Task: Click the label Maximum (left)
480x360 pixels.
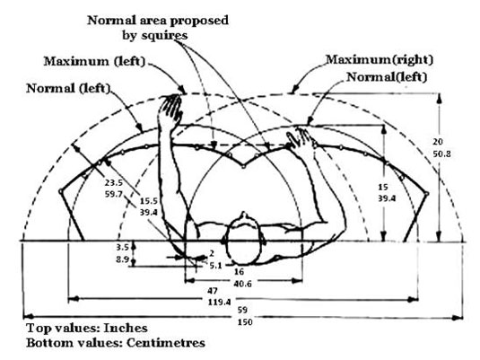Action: click(94, 61)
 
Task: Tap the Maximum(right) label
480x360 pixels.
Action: click(380, 59)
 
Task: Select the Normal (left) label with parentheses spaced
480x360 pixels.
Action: click(68, 88)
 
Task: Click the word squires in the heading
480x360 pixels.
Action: click(164, 36)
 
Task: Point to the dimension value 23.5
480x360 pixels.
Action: click(114, 183)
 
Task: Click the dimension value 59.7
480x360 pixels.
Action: click(114, 194)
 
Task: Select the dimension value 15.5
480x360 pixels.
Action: click(149, 201)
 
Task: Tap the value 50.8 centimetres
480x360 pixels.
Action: click(441, 154)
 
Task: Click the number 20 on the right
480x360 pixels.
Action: click(438, 142)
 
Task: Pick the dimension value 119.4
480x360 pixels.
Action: click(220, 302)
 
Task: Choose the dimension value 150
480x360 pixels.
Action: click(245, 322)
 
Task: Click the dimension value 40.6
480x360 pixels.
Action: click(242, 284)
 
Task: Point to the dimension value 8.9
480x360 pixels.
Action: click(122, 259)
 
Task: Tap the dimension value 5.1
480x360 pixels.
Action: click(215, 266)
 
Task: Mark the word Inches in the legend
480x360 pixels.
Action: click(126, 329)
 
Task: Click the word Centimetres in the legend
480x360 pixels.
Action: click(166, 343)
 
